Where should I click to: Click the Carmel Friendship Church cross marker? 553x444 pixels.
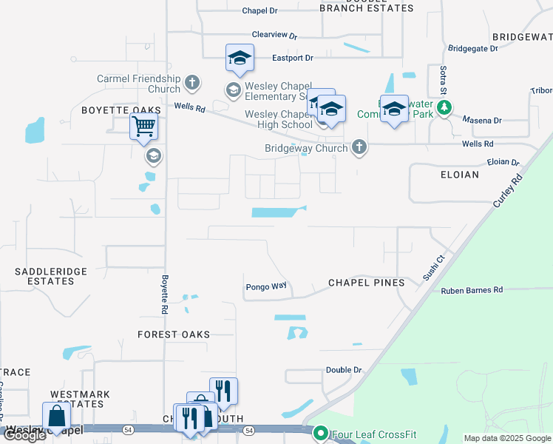tap(192, 82)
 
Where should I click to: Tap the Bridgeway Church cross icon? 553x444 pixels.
tap(359, 147)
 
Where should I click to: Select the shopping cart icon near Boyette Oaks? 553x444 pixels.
tap(143, 127)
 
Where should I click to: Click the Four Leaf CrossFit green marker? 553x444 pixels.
tap(321, 433)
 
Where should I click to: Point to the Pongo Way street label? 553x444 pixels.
tap(265, 286)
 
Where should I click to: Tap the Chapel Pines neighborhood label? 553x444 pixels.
tap(367, 283)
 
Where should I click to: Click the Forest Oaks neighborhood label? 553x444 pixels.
tap(174, 334)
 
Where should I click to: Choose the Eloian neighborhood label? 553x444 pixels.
tap(458, 175)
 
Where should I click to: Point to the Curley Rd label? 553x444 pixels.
tap(506, 190)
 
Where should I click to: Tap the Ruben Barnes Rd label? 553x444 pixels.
tap(472, 290)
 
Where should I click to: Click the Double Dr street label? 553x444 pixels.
tap(344, 369)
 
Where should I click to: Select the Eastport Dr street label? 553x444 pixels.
tap(293, 58)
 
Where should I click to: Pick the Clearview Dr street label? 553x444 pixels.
tap(274, 35)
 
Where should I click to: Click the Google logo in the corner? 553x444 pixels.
tap(24, 435)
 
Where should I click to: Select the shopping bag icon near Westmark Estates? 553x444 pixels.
tap(57, 417)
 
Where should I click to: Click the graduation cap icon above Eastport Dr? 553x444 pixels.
tap(240, 58)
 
